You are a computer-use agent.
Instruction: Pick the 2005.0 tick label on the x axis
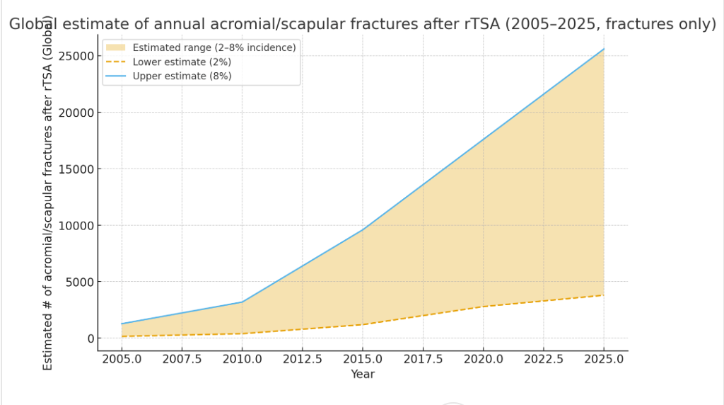122,359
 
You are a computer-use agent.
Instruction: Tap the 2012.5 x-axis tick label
303,359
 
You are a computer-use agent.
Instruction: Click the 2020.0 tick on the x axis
484,359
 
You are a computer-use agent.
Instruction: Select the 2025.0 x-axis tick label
604,359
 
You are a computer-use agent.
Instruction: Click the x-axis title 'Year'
363,374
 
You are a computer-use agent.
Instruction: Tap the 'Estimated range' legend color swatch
119,47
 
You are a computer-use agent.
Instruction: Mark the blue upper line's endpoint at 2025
604,49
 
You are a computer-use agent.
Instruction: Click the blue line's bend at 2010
243,302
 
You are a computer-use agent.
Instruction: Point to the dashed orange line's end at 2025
604,295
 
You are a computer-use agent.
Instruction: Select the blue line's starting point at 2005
122,324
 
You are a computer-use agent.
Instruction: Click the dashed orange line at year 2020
484,307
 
